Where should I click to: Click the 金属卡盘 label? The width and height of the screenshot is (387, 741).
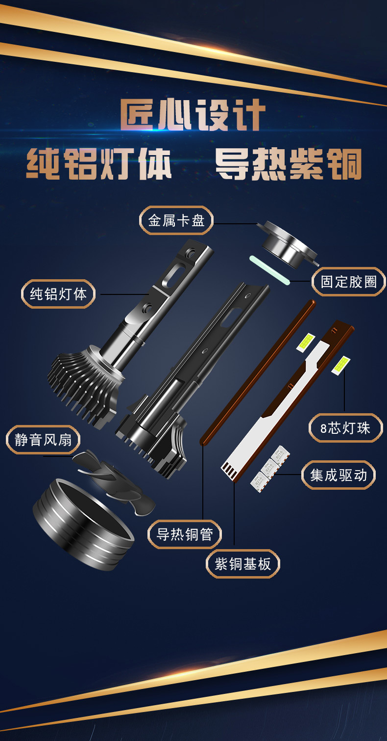click(x=176, y=220)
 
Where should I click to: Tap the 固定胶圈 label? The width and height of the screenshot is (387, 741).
click(x=349, y=282)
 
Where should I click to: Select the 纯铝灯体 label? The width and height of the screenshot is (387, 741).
click(x=58, y=294)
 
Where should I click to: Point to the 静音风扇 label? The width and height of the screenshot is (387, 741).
click(x=43, y=440)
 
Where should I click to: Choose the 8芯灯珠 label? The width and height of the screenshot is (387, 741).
click(x=345, y=428)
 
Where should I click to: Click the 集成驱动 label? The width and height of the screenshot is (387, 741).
click(x=339, y=475)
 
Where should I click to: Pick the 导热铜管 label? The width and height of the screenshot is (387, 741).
click(x=185, y=534)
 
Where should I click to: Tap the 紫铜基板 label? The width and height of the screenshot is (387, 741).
click(x=242, y=564)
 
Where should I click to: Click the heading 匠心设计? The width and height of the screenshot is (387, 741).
click(x=193, y=115)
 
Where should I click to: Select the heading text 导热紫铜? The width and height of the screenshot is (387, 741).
click(x=288, y=164)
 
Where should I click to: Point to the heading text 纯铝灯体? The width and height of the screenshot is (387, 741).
click(x=99, y=164)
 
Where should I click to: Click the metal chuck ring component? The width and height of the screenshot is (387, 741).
click(x=288, y=243)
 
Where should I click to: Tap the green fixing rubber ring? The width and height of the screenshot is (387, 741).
click(x=269, y=270)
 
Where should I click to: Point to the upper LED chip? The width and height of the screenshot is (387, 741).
click(x=306, y=342)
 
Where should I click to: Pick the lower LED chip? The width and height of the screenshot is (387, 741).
click(x=341, y=365)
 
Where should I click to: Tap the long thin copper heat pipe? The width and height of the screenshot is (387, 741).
click(x=258, y=372)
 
